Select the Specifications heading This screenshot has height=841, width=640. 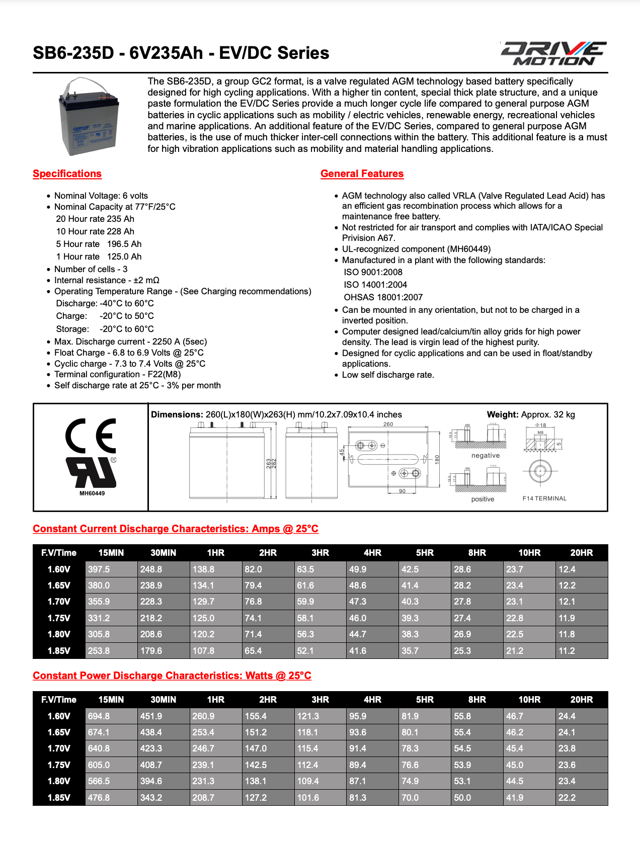(x=67, y=174)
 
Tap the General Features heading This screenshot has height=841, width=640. (x=362, y=174)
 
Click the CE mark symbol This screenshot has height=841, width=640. (x=91, y=436)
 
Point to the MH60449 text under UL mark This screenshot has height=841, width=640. (x=92, y=493)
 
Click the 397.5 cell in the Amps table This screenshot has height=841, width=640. (x=99, y=569)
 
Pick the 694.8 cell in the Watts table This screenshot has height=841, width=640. (x=99, y=716)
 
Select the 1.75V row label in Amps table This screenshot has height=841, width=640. (x=59, y=618)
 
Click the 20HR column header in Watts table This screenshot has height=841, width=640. (x=581, y=700)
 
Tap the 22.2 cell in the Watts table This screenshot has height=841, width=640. (x=567, y=798)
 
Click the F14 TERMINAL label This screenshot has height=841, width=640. (x=544, y=498)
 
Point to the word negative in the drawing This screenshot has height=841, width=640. (x=486, y=456)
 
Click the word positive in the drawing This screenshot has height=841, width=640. (x=483, y=499)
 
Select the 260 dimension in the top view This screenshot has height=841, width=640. (x=388, y=425)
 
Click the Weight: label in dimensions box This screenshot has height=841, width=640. (x=502, y=414)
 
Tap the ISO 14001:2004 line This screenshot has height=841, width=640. (x=375, y=285)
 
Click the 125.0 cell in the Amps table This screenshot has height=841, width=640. (x=203, y=618)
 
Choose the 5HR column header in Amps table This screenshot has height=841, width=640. (x=425, y=553)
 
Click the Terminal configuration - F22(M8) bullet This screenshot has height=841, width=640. (x=117, y=374)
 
